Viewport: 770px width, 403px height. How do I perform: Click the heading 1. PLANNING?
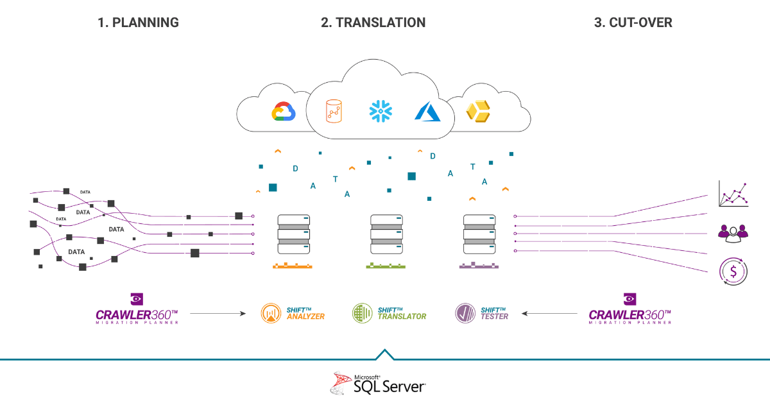pos(138,22)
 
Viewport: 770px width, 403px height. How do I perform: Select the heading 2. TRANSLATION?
pos(373,22)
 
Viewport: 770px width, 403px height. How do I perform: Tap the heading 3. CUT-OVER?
pos(633,22)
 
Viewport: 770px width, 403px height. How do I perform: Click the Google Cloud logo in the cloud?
pos(283,112)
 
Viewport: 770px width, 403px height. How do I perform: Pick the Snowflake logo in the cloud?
pos(380,111)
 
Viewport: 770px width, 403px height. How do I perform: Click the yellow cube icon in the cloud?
pos(477,111)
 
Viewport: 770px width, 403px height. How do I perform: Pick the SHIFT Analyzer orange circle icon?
pos(271,313)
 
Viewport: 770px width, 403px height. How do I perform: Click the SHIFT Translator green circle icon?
pos(362,313)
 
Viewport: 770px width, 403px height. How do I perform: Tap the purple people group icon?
pos(733,232)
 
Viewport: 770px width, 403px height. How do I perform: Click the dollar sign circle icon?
pos(733,271)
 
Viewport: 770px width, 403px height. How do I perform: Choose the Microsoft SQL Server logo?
pos(377,384)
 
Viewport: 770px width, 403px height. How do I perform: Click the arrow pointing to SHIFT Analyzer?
pos(218,314)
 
